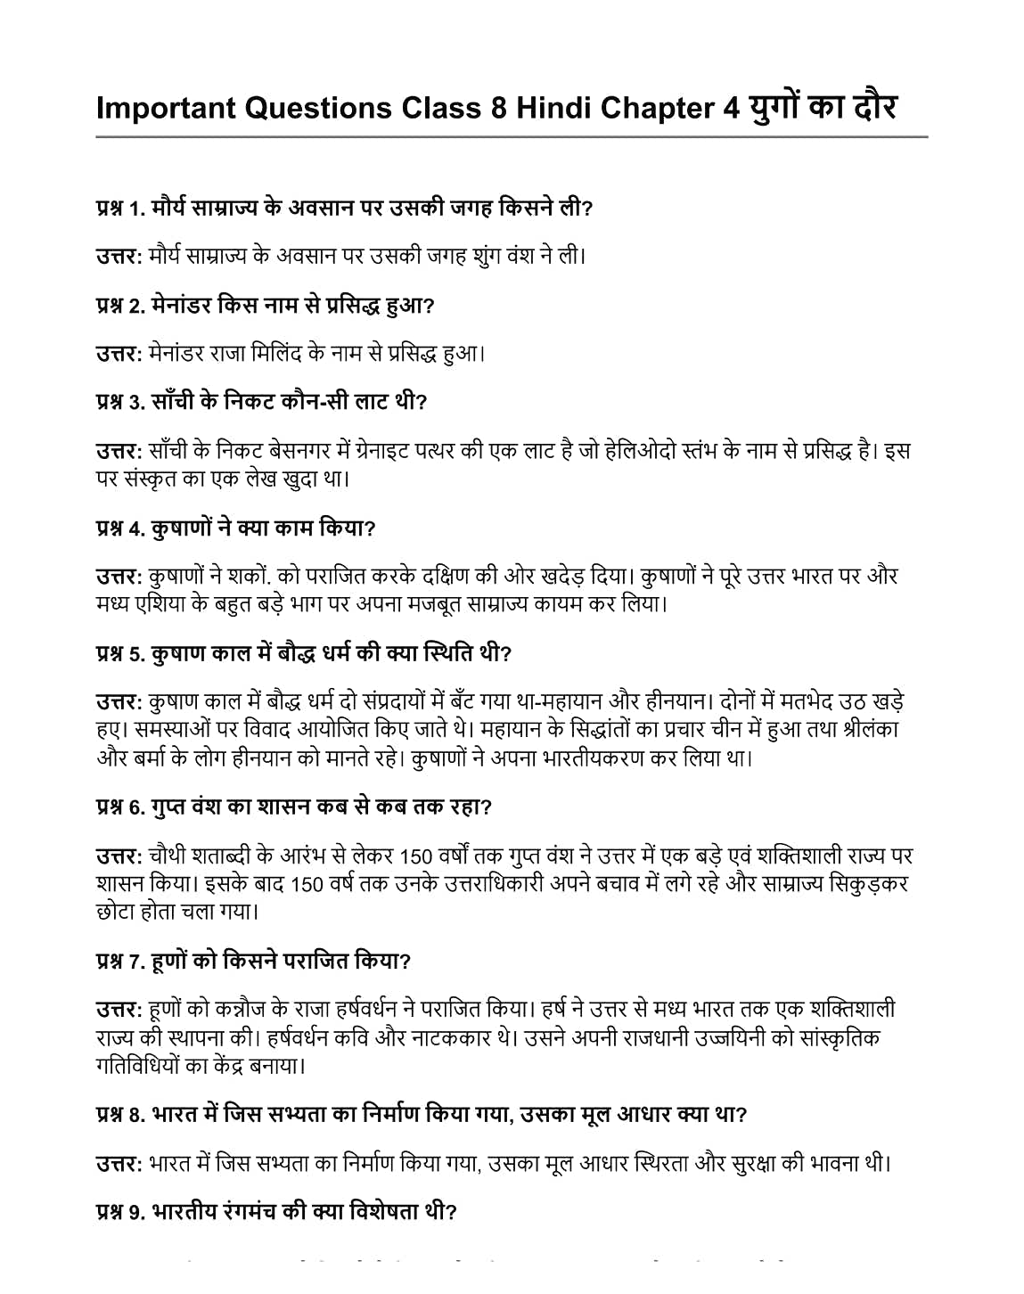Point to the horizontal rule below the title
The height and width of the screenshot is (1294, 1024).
[x=512, y=137]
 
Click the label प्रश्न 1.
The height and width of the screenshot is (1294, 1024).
[x=119, y=209]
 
